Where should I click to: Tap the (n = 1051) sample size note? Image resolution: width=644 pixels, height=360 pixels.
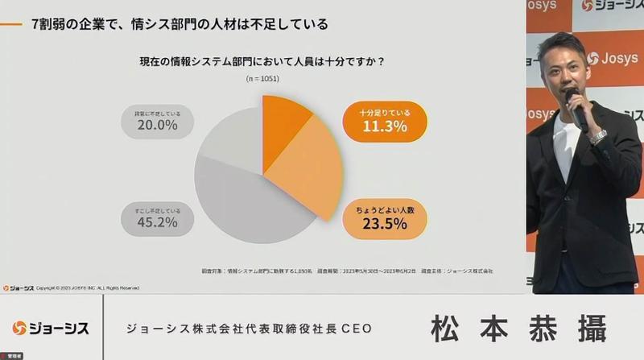(262, 79)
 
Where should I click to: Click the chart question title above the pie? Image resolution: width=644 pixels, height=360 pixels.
(262, 60)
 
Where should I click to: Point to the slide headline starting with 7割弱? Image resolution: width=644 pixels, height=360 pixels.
(180, 24)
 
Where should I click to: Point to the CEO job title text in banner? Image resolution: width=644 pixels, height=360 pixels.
(250, 329)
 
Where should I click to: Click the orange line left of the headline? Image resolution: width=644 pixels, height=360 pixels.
(12, 24)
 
